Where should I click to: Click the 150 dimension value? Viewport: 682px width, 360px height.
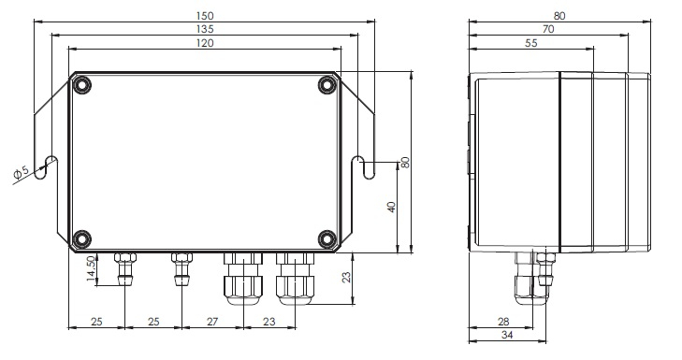[x=205, y=16]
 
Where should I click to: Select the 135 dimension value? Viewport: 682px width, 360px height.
[x=205, y=30]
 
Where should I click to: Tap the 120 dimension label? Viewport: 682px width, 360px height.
[x=205, y=43]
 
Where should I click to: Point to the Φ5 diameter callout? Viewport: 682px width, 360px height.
[x=21, y=172]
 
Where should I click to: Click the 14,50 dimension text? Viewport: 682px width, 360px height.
[x=91, y=268]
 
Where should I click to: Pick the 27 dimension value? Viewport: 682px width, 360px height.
[x=211, y=322]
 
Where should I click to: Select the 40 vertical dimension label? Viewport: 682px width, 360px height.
[x=391, y=207]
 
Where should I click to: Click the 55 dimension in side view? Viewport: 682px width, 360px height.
[x=531, y=43]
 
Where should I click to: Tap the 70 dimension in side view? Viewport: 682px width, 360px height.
[x=548, y=30]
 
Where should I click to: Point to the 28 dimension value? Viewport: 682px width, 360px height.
[x=503, y=322]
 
